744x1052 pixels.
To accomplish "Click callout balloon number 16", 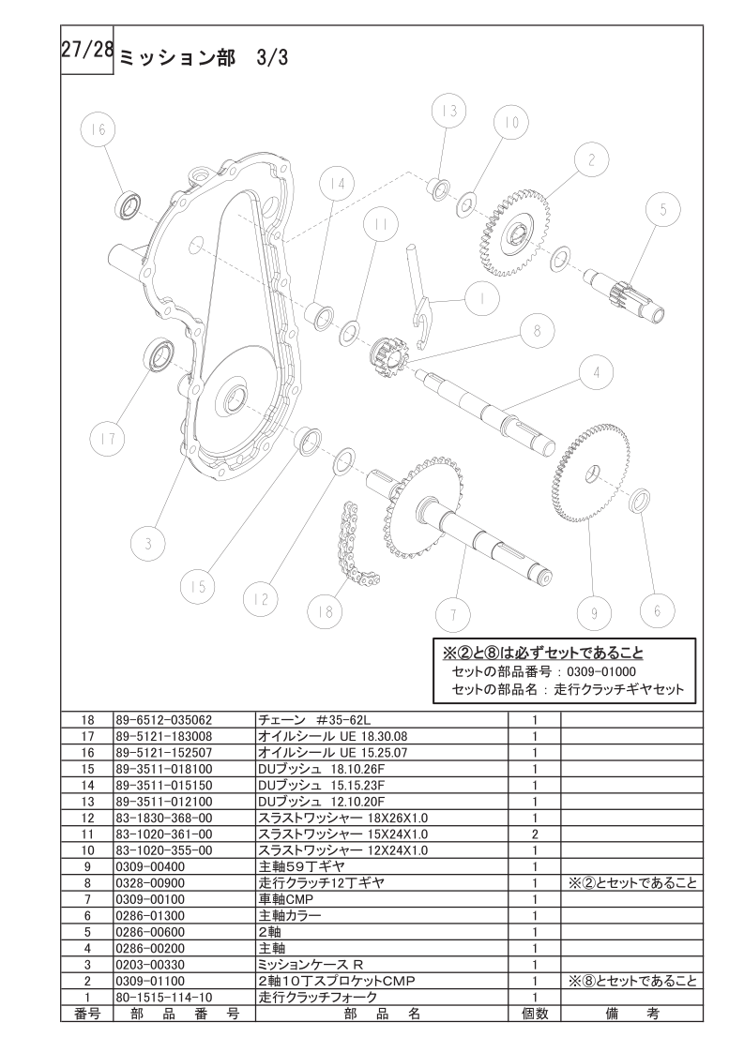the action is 99,128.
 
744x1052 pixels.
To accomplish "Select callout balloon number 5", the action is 663,210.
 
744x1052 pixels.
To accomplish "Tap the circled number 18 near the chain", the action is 325,611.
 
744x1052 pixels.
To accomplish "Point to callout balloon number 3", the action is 148,543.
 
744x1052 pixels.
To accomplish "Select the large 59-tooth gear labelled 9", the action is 592,473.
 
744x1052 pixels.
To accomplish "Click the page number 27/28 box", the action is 86,51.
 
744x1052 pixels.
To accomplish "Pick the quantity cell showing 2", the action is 535,834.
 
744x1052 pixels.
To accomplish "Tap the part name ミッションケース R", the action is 311,965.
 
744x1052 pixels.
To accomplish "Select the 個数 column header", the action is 535,1014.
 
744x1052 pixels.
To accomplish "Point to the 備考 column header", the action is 631,1014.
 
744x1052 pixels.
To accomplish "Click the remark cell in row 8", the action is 631,883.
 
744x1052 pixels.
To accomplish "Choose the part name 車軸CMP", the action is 286,900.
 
